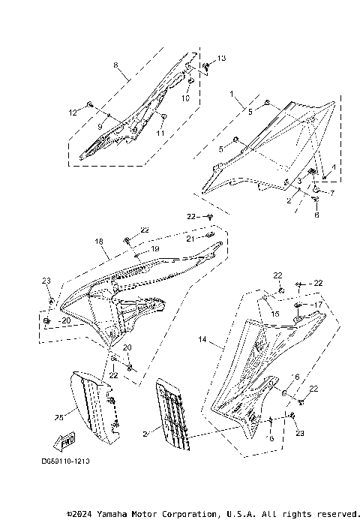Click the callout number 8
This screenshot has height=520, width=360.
115,66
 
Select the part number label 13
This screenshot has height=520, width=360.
221,58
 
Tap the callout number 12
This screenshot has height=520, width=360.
73,113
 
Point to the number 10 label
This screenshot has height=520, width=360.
185,98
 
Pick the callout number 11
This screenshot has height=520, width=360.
160,132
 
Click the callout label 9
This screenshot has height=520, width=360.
100,126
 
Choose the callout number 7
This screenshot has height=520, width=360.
333,194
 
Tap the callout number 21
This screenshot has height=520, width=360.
190,238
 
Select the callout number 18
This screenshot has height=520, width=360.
98,242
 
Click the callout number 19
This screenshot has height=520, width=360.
156,248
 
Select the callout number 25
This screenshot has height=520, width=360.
58,416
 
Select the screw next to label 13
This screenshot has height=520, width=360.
206,66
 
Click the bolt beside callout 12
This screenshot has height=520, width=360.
89,104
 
